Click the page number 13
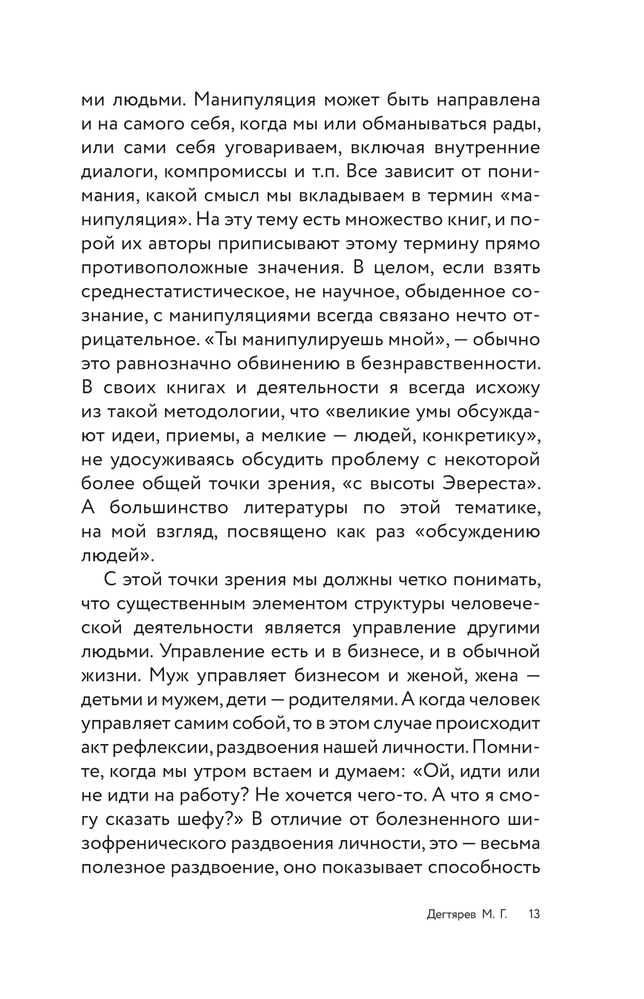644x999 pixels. (x=534, y=915)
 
